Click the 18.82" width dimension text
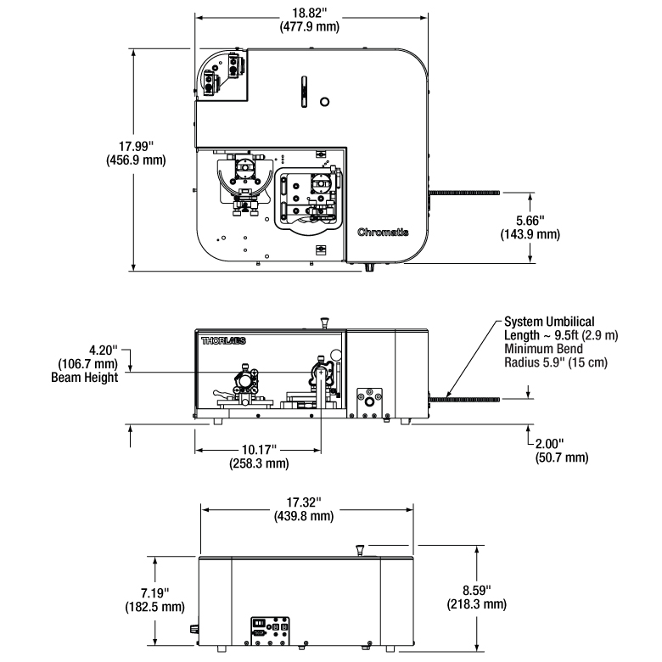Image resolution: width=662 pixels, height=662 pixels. point(310,13)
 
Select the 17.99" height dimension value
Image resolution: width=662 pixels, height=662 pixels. point(136,146)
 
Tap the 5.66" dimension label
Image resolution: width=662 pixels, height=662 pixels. point(530,221)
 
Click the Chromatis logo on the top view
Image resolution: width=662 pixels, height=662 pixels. point(383,233)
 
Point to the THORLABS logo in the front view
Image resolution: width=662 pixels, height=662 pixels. point(223,340)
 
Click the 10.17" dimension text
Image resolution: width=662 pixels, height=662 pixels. point(259,449)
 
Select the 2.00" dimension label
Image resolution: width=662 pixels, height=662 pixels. point(550,444)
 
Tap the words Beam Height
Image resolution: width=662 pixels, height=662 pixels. point(84,377)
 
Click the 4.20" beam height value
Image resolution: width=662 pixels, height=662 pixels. point(104,350)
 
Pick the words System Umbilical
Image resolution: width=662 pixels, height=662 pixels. point(549,322)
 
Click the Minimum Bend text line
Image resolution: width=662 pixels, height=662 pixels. point(544,349)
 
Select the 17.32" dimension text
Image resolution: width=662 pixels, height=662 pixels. point(304,502)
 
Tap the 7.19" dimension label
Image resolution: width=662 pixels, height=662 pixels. point(155,592)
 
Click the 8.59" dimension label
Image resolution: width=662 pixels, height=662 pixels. point(477,590)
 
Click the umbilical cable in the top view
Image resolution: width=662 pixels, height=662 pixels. point(464,193)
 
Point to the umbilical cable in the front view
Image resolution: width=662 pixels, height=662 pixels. point(464,400)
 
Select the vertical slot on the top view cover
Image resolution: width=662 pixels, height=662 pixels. point(304,92)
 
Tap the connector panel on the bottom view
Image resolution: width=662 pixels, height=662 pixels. point(270,631)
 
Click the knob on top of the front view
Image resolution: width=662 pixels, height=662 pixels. point(325,323)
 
